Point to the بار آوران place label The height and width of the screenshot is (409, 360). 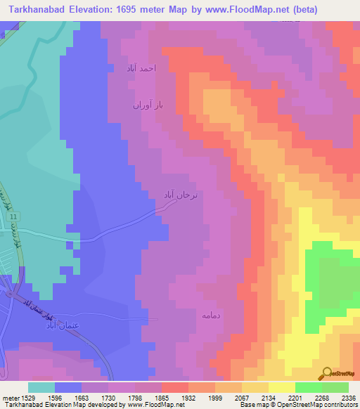click(x=148, y=105)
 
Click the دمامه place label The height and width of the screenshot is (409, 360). click(x=212, y=316)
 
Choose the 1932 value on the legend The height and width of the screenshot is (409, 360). click(x=188, y=398)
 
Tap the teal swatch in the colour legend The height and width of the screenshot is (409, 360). click(x=41, y=387)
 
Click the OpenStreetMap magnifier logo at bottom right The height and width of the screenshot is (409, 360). click(x=326, y=373)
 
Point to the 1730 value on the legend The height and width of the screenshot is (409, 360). click(x=108, y=398)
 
